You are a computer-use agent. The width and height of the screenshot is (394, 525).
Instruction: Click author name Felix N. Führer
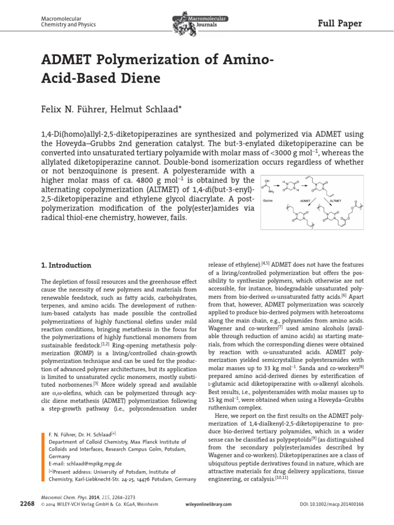click(73, 109)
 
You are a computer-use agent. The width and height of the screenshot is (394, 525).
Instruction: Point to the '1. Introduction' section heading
click(66, 265)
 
